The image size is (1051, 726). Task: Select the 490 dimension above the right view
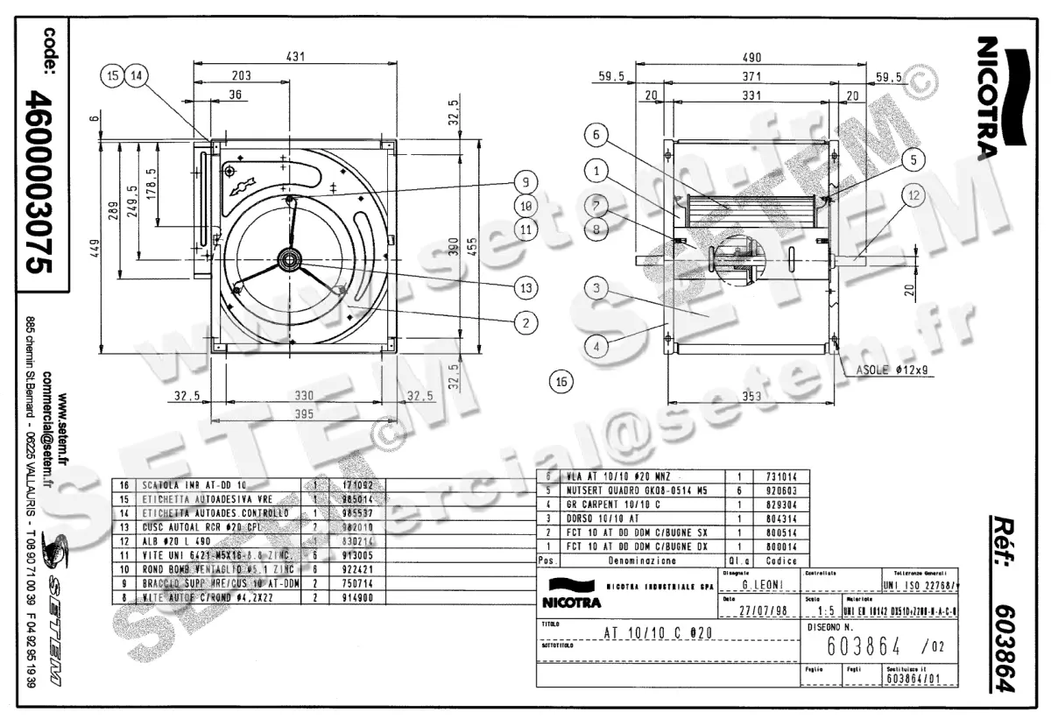point(751,57)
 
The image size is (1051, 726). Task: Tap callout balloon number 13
point(525,287)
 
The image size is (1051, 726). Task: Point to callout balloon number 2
point(525,322)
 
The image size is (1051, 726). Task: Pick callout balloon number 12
point(914,196)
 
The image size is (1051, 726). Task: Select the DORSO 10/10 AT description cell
point(596,518)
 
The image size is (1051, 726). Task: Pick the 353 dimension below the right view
point(752,396)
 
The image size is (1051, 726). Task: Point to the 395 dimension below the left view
point(303,413)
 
